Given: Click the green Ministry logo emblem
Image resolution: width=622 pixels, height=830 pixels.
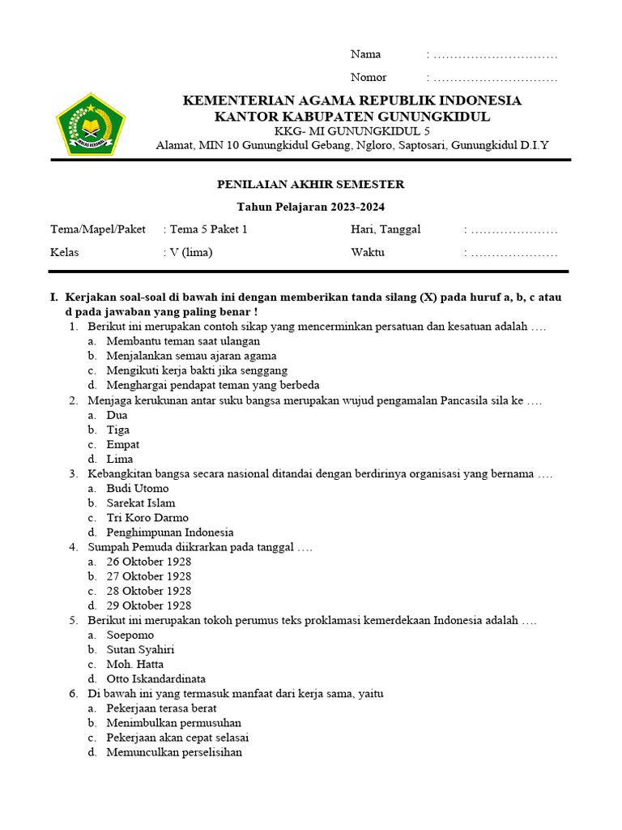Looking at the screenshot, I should (91, 123).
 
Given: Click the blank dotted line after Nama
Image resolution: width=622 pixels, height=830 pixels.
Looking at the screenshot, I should (494, 55).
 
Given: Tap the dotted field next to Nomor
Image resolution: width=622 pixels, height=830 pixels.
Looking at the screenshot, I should (494, 78).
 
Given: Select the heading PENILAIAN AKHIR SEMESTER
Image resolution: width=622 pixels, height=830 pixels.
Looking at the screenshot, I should (310, 185).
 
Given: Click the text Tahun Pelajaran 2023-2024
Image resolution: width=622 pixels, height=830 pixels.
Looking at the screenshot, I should (310, 207).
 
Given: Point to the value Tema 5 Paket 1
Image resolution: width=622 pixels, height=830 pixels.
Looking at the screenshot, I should (207, 229).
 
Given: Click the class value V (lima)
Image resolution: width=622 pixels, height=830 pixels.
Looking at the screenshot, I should (190, 252).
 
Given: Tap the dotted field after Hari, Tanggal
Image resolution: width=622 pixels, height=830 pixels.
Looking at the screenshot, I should (513, 230).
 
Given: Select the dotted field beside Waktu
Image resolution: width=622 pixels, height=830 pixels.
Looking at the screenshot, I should (513, 253).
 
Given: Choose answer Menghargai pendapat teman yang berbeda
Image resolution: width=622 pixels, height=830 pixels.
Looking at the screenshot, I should (212, 385).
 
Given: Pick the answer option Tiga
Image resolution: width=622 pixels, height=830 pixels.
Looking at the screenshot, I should (117, 430).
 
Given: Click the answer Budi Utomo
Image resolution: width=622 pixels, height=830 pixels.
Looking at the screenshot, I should (138, 489).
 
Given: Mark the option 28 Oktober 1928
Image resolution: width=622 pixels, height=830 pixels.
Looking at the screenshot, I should (148, 591).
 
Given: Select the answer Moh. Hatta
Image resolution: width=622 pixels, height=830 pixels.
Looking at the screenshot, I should (134, 665).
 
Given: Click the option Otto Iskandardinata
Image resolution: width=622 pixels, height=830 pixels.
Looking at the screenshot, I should (155, 679).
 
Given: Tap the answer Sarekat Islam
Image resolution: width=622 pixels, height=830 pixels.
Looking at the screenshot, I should (140, 503).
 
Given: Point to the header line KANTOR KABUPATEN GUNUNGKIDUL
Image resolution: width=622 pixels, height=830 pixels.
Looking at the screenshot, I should (351, 117).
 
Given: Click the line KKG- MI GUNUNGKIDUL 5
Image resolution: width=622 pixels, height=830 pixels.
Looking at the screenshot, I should (351, 131).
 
